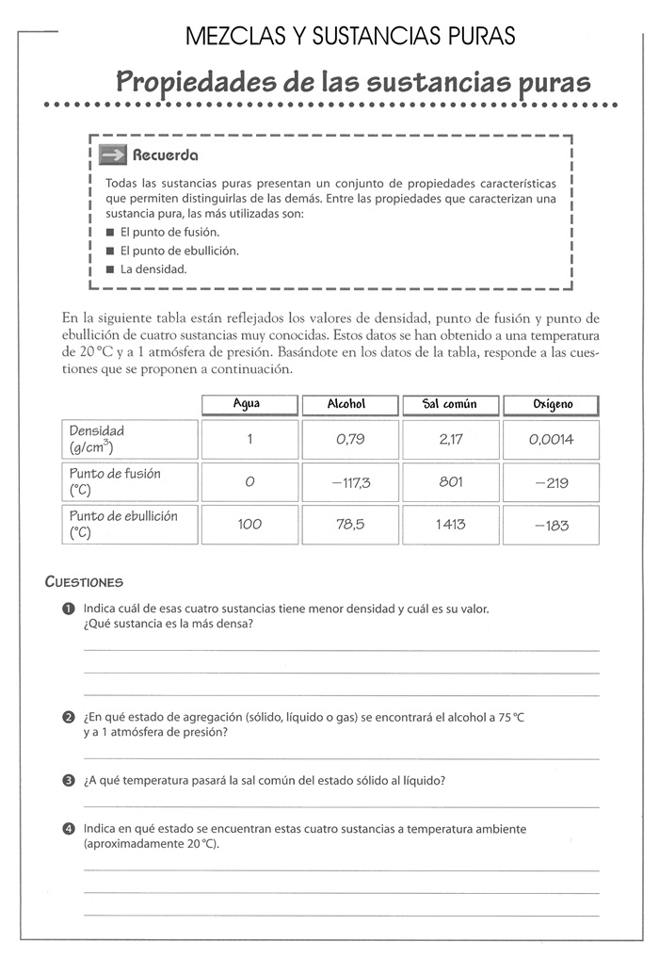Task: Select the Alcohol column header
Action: pos(349,404)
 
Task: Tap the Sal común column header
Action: pos(450,404)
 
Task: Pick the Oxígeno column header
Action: pos(552,405)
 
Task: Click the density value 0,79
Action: pos(349,439)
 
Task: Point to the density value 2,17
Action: pos(450,439)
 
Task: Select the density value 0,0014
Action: pos(552,439)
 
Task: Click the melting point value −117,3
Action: pos(349,482)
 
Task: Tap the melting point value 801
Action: pos(450,482)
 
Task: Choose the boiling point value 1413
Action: pos(450,525)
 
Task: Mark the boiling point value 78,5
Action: pos(349,525)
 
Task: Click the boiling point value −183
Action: pos(552,526)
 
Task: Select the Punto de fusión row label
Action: pos(115,482)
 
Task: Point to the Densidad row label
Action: pos(97,439)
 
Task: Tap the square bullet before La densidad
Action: pos(110,269)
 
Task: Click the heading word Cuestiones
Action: pos(85,582)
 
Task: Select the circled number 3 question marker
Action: pos(69,781)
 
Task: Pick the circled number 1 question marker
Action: pos(69,609)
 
